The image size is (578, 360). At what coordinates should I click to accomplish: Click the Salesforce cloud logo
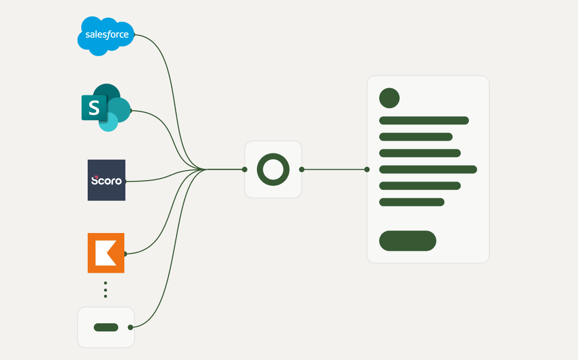point(106,36)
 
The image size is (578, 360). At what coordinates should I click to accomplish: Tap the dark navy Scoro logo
point(107,180)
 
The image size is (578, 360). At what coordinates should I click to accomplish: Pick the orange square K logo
point(106,253)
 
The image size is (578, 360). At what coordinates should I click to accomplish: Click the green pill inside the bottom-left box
point(106,327)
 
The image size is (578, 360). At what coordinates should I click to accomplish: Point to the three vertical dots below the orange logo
point(106,289)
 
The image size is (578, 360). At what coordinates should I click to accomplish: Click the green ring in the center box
point(273,169)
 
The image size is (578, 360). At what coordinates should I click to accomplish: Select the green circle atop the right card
point(389,98)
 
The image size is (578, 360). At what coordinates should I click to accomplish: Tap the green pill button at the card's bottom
point(408,241)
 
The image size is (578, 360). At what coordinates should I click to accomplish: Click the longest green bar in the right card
point(428,169)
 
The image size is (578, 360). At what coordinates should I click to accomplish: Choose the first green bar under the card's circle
point(424,120)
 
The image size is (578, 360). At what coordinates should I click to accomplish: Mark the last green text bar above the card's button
point(412,202)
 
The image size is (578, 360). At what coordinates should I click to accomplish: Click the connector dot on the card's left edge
point(367,169)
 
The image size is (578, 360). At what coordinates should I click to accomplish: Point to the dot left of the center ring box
point(245,169)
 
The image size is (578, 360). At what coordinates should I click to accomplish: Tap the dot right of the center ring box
point(302,169)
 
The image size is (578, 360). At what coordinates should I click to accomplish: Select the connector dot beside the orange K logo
point(125,253)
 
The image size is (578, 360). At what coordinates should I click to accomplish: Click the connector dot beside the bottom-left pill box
point(130,327)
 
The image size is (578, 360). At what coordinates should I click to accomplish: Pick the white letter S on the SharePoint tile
point(94,108)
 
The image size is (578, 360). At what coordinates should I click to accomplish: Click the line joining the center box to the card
point(334,169)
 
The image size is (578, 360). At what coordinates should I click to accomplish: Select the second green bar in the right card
point(416,137)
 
